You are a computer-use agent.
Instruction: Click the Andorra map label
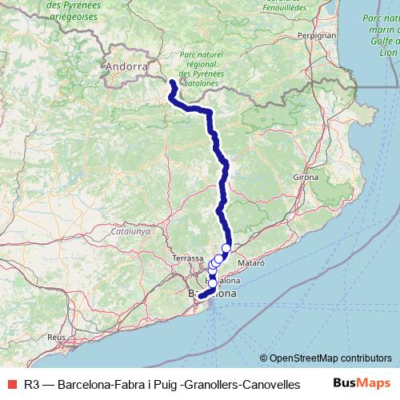(126, 67)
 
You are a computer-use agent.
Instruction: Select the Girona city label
(306, 177)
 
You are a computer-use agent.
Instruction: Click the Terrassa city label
(188, 258)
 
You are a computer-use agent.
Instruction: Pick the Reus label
(56, 338)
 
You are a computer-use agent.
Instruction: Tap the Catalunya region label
(130, 231)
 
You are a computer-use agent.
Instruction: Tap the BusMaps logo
(362, 384)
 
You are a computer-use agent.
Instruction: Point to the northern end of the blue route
(173, 81)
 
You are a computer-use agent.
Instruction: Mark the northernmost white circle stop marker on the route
(226, 248)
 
